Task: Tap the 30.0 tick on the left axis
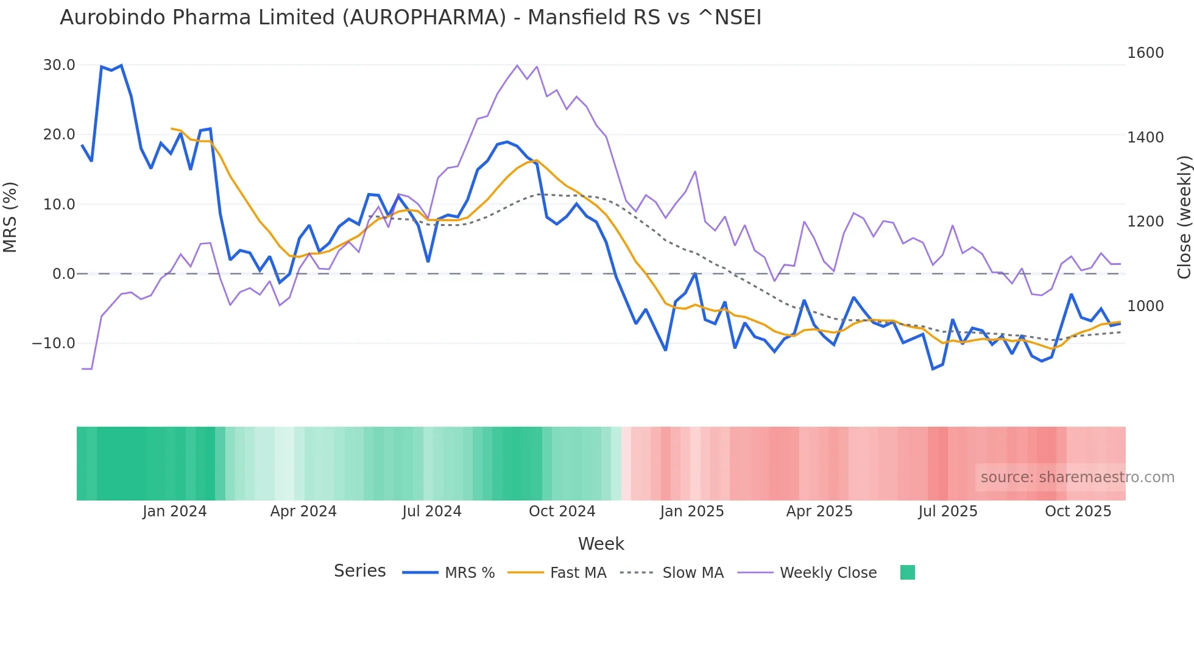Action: pos(59,65)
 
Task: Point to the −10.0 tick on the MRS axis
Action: pos(54,343)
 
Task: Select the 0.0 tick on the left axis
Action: pos(63,274)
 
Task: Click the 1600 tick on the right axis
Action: pos(1145,53)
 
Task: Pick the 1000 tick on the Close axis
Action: pos(1145,306)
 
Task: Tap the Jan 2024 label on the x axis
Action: pos(175,511)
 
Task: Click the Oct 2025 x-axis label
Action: pos(1078,511)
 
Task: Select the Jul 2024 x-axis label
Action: pos(432,511)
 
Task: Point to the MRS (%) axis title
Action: pos(10,217)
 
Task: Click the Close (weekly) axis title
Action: pos(1184,217)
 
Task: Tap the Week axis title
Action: pos(601,544)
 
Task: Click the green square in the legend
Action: pos(907,572)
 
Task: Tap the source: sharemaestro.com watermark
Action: pos(1077,477)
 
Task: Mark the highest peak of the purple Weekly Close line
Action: pos(517,65)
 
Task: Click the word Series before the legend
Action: pos(359,571)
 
